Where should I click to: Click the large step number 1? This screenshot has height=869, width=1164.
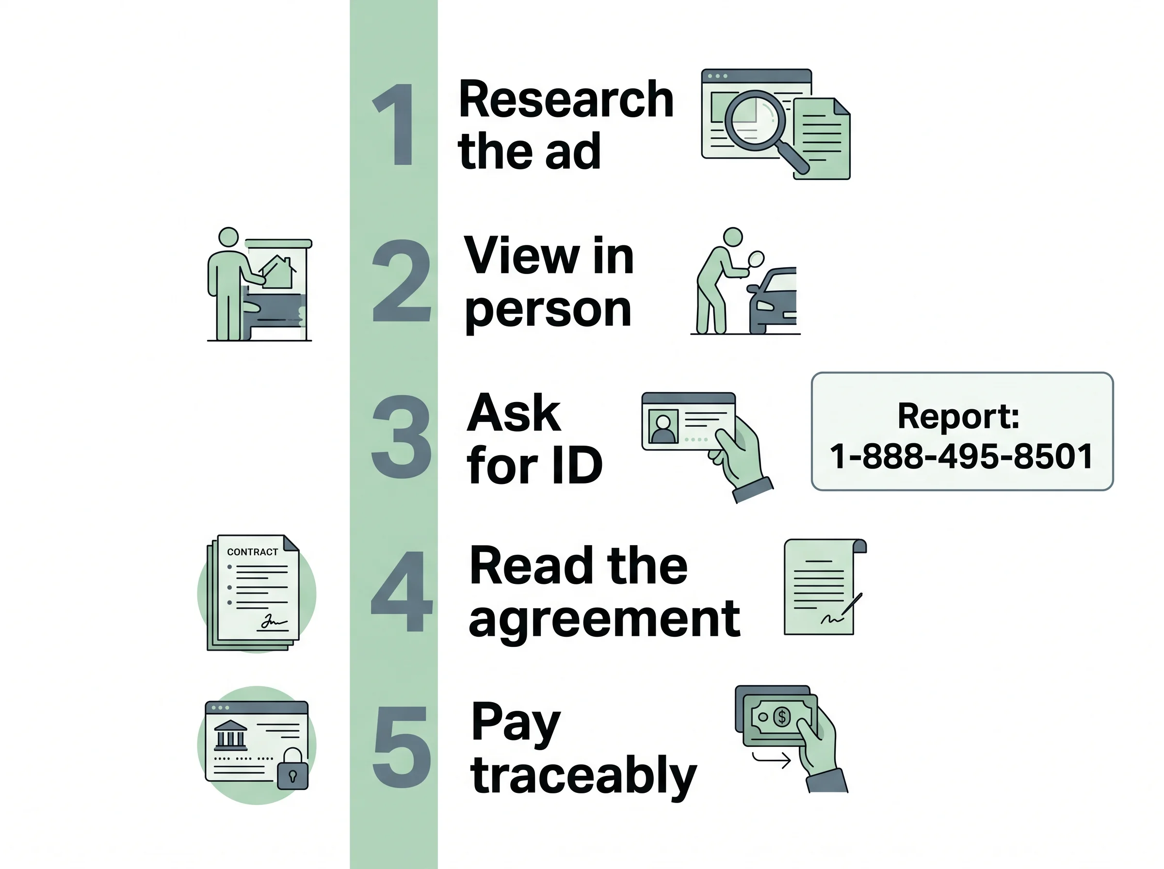tap(394, 124)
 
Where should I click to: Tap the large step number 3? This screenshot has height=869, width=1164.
tap(401, 436)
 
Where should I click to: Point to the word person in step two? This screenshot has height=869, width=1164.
tap(548, 311)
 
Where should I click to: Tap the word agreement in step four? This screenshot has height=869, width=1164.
tap(604, 621)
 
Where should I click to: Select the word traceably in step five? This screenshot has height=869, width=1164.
tap(584, 776)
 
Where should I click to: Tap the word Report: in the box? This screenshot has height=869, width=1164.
tap(959, 416)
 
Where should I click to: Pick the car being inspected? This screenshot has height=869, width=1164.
tap(772, 300)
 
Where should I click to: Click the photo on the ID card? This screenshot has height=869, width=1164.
tap(663, 426)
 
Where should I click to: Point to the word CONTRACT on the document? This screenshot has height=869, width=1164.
tap(253, 552)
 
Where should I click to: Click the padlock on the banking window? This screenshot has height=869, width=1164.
tap(292, 769)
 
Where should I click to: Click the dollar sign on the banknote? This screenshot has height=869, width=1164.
tap(782, 716)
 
